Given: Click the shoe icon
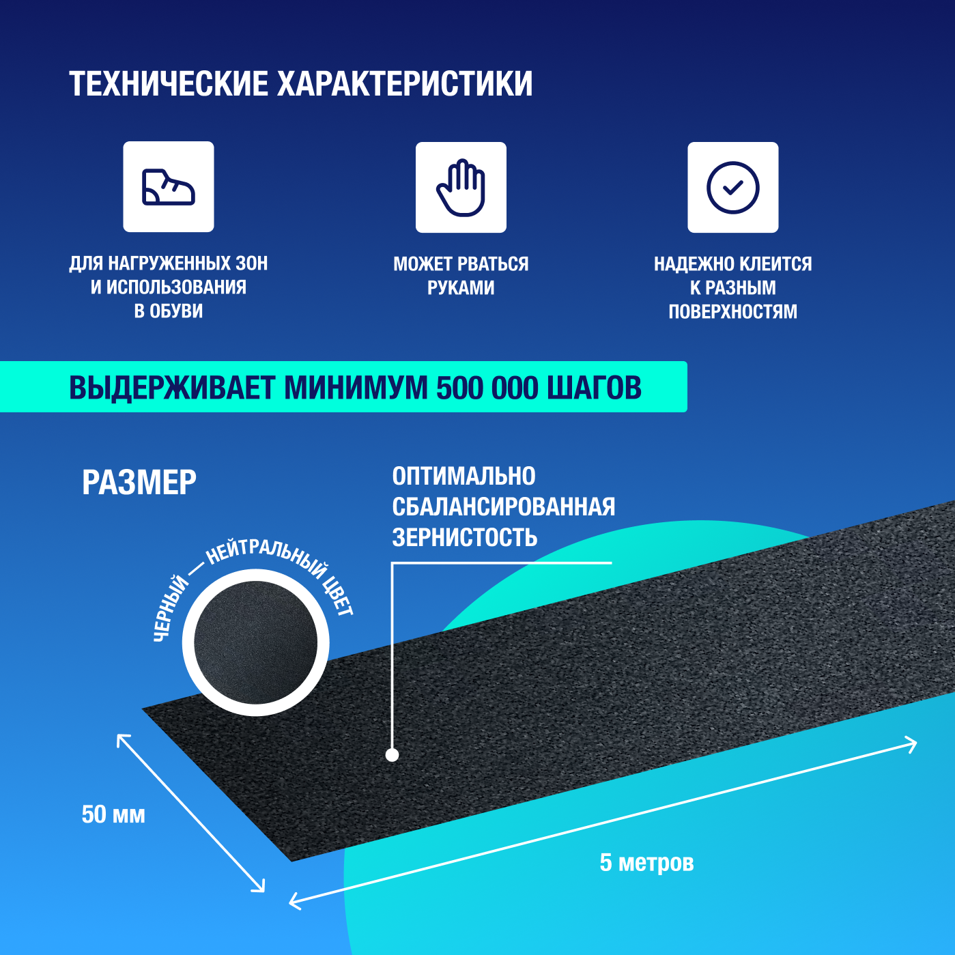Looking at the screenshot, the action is click(x=168, y=187).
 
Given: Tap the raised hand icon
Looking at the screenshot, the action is click(x=461, y=188).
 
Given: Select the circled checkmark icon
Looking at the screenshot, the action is click(x=732, y=188).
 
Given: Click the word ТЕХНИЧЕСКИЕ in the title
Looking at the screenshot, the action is click(x=169, y=84).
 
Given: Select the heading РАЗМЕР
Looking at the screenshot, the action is click(x=139, y=483).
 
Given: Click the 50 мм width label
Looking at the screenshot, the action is click(x=113, y=814).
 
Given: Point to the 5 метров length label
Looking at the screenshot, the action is click(x=646, y=863).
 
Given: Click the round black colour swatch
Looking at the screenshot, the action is click(x=255, y=642).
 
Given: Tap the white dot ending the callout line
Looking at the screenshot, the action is click(x=392, y=754).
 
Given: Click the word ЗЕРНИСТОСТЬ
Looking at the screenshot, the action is click(x=464, y=538).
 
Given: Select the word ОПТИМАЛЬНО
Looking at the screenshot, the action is click(x=464, y=476).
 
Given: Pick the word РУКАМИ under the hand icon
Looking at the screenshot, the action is click(x=461, y=288).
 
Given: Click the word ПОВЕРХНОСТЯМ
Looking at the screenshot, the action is click(x=732, y=312).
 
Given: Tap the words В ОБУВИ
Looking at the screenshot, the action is click(x=168, y=311).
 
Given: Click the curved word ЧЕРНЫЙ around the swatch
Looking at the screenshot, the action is click(x=171, y=608).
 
